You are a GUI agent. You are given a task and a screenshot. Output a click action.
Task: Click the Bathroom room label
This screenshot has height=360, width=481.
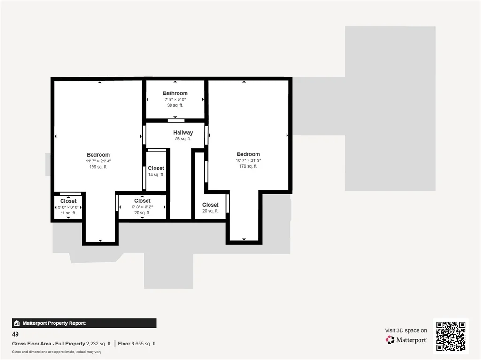(175, 93)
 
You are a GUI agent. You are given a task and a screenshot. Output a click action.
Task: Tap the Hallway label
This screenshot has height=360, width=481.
(183, 133)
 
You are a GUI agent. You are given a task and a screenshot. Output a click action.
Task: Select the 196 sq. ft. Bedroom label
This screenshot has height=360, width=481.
(98, 155)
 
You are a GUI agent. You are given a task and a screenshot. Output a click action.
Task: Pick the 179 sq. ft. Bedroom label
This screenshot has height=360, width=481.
(248, 154)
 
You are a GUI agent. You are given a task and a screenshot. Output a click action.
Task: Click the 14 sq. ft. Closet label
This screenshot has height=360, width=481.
(156, 168)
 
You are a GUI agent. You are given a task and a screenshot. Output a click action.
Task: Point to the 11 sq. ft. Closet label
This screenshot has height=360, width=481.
(68, 201)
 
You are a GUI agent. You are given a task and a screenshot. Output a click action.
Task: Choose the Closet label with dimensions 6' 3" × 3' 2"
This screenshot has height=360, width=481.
(142, 201)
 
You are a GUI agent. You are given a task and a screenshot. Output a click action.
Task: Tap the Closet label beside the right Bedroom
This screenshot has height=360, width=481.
(210, 205)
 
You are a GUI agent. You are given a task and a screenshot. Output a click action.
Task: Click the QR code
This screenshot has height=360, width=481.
(450, 336)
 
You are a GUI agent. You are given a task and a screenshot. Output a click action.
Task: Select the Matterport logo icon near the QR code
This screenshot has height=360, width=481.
(390, 339)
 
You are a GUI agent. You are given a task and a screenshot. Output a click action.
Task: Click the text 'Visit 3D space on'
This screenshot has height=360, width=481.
(406, 330)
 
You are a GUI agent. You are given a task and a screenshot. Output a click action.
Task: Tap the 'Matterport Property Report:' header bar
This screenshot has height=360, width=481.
(84, 323)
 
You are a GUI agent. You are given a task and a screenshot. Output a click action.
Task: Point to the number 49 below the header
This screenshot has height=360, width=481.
(16, 334)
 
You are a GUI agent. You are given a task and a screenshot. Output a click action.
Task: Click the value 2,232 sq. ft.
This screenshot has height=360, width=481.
(99, 344)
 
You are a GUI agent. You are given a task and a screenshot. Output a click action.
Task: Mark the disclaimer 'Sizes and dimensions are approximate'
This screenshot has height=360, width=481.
(56, 352)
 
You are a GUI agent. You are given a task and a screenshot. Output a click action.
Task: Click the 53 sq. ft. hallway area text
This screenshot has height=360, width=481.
(183, 139)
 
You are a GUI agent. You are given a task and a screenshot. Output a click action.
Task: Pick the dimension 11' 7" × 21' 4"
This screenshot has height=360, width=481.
(98, 161)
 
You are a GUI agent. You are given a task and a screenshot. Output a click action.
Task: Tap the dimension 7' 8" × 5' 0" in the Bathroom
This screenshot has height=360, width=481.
(175, 100)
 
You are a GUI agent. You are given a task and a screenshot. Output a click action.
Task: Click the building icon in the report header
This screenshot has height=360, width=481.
(17, 323)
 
